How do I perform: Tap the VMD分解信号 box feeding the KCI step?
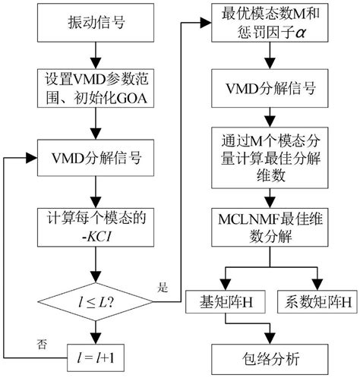pyautogui.click(x=93, y=159)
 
